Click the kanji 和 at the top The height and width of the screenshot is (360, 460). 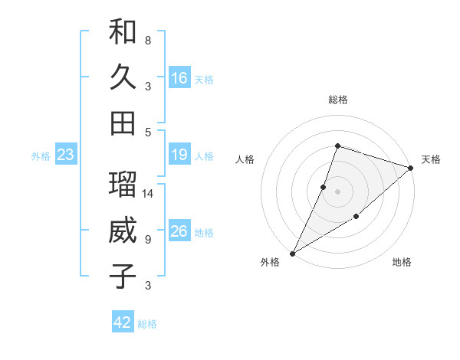click(x=123, y=32)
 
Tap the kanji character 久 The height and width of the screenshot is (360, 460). click(x=123, y=77)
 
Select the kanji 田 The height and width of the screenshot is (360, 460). click(x=123, y=123)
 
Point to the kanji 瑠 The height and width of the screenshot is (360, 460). click(x=123, y=185)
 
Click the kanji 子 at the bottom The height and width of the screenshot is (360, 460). click(x=123, y=276)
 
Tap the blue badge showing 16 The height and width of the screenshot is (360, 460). click(x=179, y=78)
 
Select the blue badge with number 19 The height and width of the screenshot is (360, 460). click(x=179, y=155)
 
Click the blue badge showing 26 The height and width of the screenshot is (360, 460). click(x=179, y=232)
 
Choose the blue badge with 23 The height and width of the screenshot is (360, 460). click(x=65, y=155)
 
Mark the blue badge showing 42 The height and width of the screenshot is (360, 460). click(x=123, y=322)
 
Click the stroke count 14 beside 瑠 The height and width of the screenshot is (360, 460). click(x=149, y=194)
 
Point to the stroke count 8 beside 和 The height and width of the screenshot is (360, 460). click(x=148, y=40)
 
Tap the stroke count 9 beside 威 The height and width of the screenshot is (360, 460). click(x=148, y=240)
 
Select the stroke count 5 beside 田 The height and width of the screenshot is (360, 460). click(x=148, y=132)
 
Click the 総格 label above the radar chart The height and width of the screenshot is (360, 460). click(x=337, y=100)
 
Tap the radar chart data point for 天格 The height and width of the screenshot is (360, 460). click(x=411, y=168)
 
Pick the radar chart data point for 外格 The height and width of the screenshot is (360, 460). click(x=292, y=253)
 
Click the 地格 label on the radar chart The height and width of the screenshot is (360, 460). click(x=402, y=263)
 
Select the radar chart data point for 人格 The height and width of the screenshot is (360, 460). click(x=324, y=187)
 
